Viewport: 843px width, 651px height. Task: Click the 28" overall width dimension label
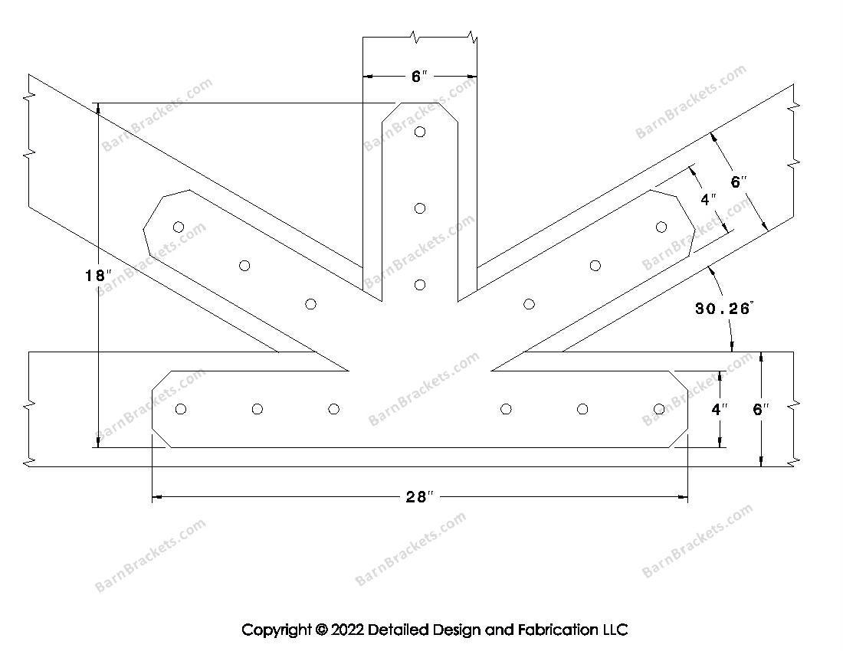(x=419, y=497)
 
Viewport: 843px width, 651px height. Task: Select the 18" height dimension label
(x=98, y=276)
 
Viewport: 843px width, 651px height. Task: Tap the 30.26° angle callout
(x=723, y=309)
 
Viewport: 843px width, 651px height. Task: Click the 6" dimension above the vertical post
(x=419, y=77)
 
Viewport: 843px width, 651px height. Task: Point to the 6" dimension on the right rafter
(x=739, y=182)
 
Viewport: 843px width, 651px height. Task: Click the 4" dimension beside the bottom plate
(x=720, y=409)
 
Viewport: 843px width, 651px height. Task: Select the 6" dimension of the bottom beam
(x=761, y=409)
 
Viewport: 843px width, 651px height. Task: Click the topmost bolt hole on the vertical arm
(x=420, y=132)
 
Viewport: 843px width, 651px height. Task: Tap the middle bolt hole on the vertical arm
(x=420, y=208)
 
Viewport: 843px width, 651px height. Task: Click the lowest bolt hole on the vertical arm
(x=420, y=285)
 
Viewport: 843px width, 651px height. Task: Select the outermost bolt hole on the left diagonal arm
(x=179, y=227)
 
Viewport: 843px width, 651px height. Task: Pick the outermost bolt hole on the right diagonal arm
(x=661, y=227)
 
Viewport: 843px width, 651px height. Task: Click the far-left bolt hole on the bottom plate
(x=181, y=409)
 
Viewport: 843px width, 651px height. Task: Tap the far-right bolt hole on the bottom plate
(x=659, y=409)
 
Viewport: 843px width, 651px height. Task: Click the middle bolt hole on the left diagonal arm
(x=244, y=265)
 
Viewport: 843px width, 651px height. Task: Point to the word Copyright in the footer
(x=277, y=630)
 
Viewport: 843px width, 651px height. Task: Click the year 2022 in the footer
(x=347, y=630)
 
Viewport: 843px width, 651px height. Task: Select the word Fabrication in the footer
(x=557, y=630)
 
